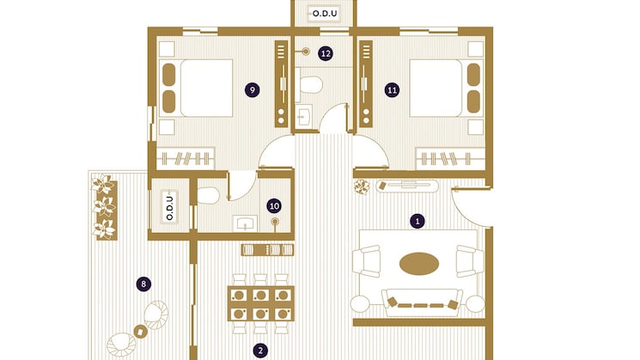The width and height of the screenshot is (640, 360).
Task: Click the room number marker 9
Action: [x=251, y=89]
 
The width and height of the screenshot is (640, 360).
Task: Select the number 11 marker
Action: [x=392, y=89]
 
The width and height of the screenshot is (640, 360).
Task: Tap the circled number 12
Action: [x=326, y=53]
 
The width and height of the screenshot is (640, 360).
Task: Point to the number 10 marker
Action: [x=274, y=205]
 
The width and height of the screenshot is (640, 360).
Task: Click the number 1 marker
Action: [x=418, y=221]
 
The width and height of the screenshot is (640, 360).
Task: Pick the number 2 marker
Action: [x=259, y=350]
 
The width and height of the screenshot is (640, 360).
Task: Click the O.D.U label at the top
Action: [x=325, y=14]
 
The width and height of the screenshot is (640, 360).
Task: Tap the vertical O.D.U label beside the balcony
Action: [x=168, y=209]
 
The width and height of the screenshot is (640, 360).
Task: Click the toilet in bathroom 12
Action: [x=311, y=85]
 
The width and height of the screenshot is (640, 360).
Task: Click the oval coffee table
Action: [x=418, y=264]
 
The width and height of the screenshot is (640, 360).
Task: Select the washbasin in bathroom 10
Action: [x=247, y=224]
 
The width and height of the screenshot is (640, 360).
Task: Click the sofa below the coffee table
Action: [x=421, y=302]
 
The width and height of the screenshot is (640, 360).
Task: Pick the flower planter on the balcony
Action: [x=104, y=205]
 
